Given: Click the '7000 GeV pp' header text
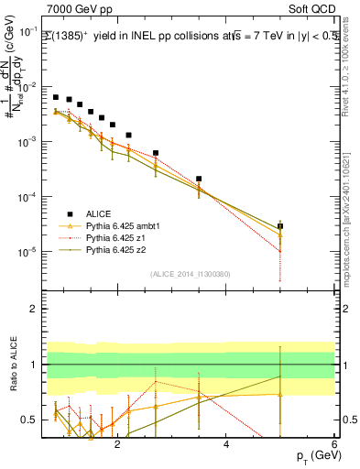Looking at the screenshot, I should [x=78, y=9].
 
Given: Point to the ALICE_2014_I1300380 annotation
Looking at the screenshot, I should [x=191, y=272].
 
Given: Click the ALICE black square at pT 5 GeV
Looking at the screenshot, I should [x=280, y=225].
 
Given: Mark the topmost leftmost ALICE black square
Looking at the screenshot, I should [x=56, y=96].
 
